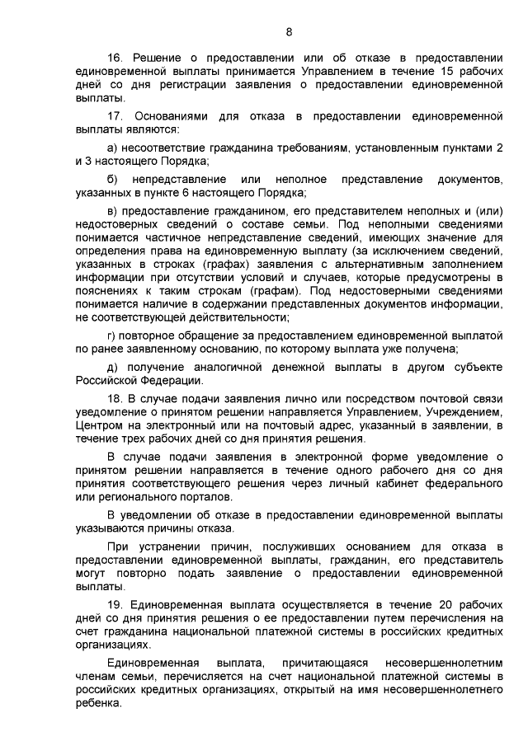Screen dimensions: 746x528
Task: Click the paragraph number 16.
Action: (x=115, y=57)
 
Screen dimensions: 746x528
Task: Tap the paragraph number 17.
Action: (x=115, y=116)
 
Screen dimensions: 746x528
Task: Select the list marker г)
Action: (x=114, y=335)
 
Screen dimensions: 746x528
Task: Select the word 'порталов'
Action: (x=208, y=497)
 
